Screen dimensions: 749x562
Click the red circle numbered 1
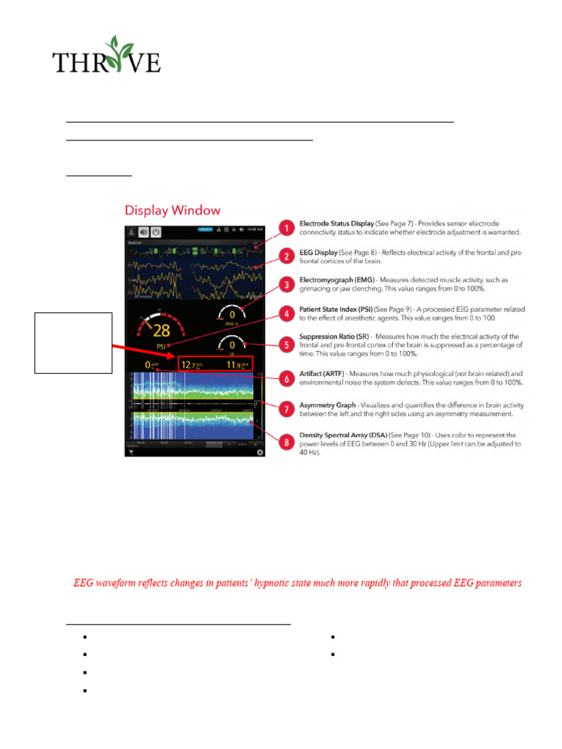click(288, 229)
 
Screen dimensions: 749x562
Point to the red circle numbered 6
click(288, 377)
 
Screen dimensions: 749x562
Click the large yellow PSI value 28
click(162, 328)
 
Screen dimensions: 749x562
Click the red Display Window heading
click(173, 210)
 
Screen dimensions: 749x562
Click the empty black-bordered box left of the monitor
click(73, 343)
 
